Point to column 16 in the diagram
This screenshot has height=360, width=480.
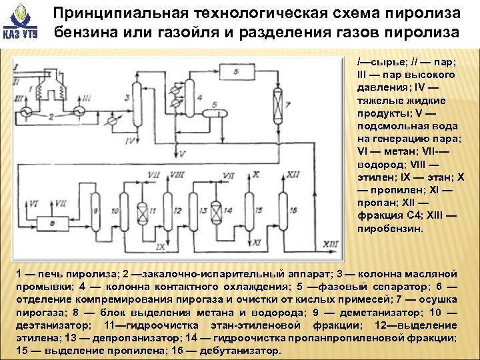click(283, 212)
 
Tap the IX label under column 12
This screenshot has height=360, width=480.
click(159, 247)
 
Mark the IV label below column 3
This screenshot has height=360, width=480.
click(131, 142)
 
